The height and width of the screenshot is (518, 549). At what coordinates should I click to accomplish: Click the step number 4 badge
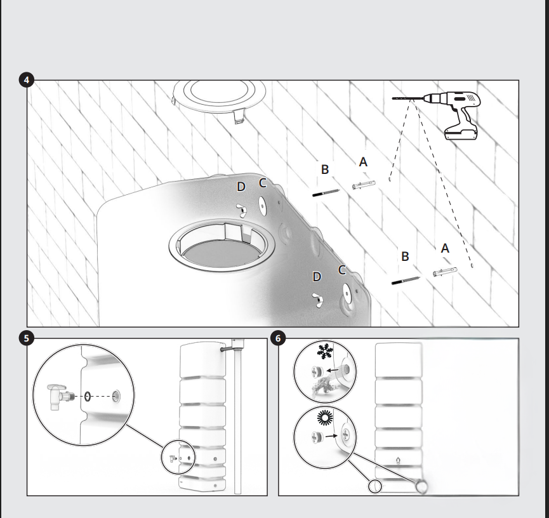[x=27, y=80]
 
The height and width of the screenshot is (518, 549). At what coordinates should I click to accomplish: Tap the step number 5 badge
[x=27, y=338]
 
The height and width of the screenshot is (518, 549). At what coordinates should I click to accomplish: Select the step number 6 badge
[x=278, y=338]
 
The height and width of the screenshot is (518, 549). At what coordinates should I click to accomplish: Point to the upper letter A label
[x=363, y=162]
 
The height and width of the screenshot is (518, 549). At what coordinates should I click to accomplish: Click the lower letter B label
[x=405, y=256]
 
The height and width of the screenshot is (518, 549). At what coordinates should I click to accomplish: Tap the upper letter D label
[x=241, y=187]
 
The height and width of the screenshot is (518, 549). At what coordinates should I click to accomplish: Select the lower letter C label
[x=342, y=270]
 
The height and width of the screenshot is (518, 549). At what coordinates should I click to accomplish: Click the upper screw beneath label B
[x=326, y=192]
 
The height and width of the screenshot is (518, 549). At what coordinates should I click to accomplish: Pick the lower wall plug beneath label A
[x=445, y=272]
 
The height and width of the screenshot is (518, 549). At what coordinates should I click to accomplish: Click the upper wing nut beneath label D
[x=242, y=211]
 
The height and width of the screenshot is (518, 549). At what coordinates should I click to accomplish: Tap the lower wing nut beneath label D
[x=317, y=300]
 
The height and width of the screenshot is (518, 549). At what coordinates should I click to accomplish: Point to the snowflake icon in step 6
[x=324, y=351]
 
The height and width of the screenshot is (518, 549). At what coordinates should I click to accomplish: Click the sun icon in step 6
[x=324, y=418]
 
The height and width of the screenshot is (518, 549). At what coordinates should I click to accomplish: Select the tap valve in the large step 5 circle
[x=61, y=397]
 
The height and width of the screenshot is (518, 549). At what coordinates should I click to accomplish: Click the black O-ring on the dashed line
[x=88, y=397]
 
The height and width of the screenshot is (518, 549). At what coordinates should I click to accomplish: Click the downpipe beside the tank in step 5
[x=238, y=417]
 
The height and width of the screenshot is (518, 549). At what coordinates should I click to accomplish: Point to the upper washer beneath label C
[x=263, y=206]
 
